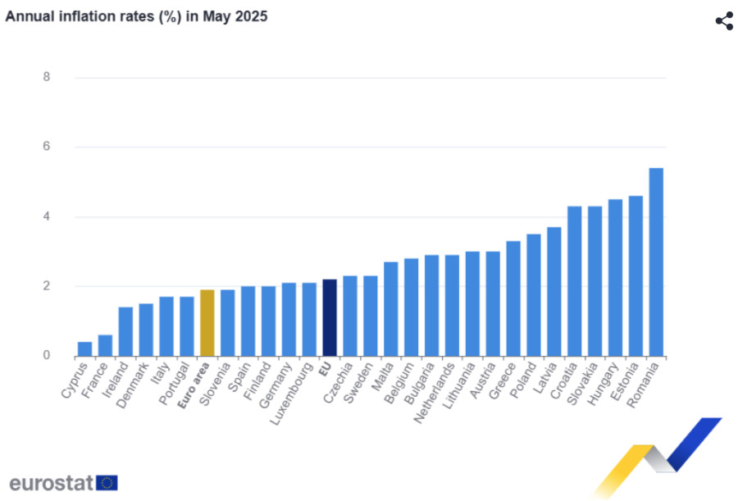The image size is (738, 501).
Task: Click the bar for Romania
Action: pyautogui.click(x=656, y=262)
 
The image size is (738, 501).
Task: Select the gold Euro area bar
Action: pyautogui.click(x=207, y=323)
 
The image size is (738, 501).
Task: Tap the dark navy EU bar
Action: pyautogui.click(x=330, y=318)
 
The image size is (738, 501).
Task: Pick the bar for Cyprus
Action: pyautogui.click(x=84, y=349)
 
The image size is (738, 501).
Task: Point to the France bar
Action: pyautogui.click(x=105, y=345)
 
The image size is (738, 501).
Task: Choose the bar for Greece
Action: pyautogui.click(x=513, y=298)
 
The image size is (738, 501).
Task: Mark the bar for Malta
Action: pyautogui.click(x=390, y=309)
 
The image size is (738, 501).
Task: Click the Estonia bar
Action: pyautogui.click(x=635, y=276)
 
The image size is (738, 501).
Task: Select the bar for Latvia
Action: pyautogui.click(x=554, y=291)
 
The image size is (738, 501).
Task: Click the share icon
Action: pyautogui.click(x=724, y=21)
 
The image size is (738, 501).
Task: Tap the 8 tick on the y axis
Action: pyautogui.click(x=46, y=77)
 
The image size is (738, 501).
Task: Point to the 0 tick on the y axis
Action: pyautogui.click(x=46, y=355)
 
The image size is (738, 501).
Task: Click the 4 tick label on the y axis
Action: pyautogui.click(x=46, y=216)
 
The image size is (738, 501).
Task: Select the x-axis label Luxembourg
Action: pyautogui.click(x=292, y=394)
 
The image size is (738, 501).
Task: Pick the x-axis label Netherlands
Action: pyautogui.click(x=435, y=393)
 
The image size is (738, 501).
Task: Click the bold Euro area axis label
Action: pyautogui.click(x=194, y=385)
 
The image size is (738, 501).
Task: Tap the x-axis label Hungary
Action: pyautogui.click(x=603, y=383)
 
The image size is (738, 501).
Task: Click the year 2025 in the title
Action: pyautogui.click(x=251, y=16)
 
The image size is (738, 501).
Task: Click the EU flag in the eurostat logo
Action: pyautogui.click(x=107, y=483)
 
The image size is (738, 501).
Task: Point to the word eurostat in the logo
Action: pyautogui.click(x=52, y=483)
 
